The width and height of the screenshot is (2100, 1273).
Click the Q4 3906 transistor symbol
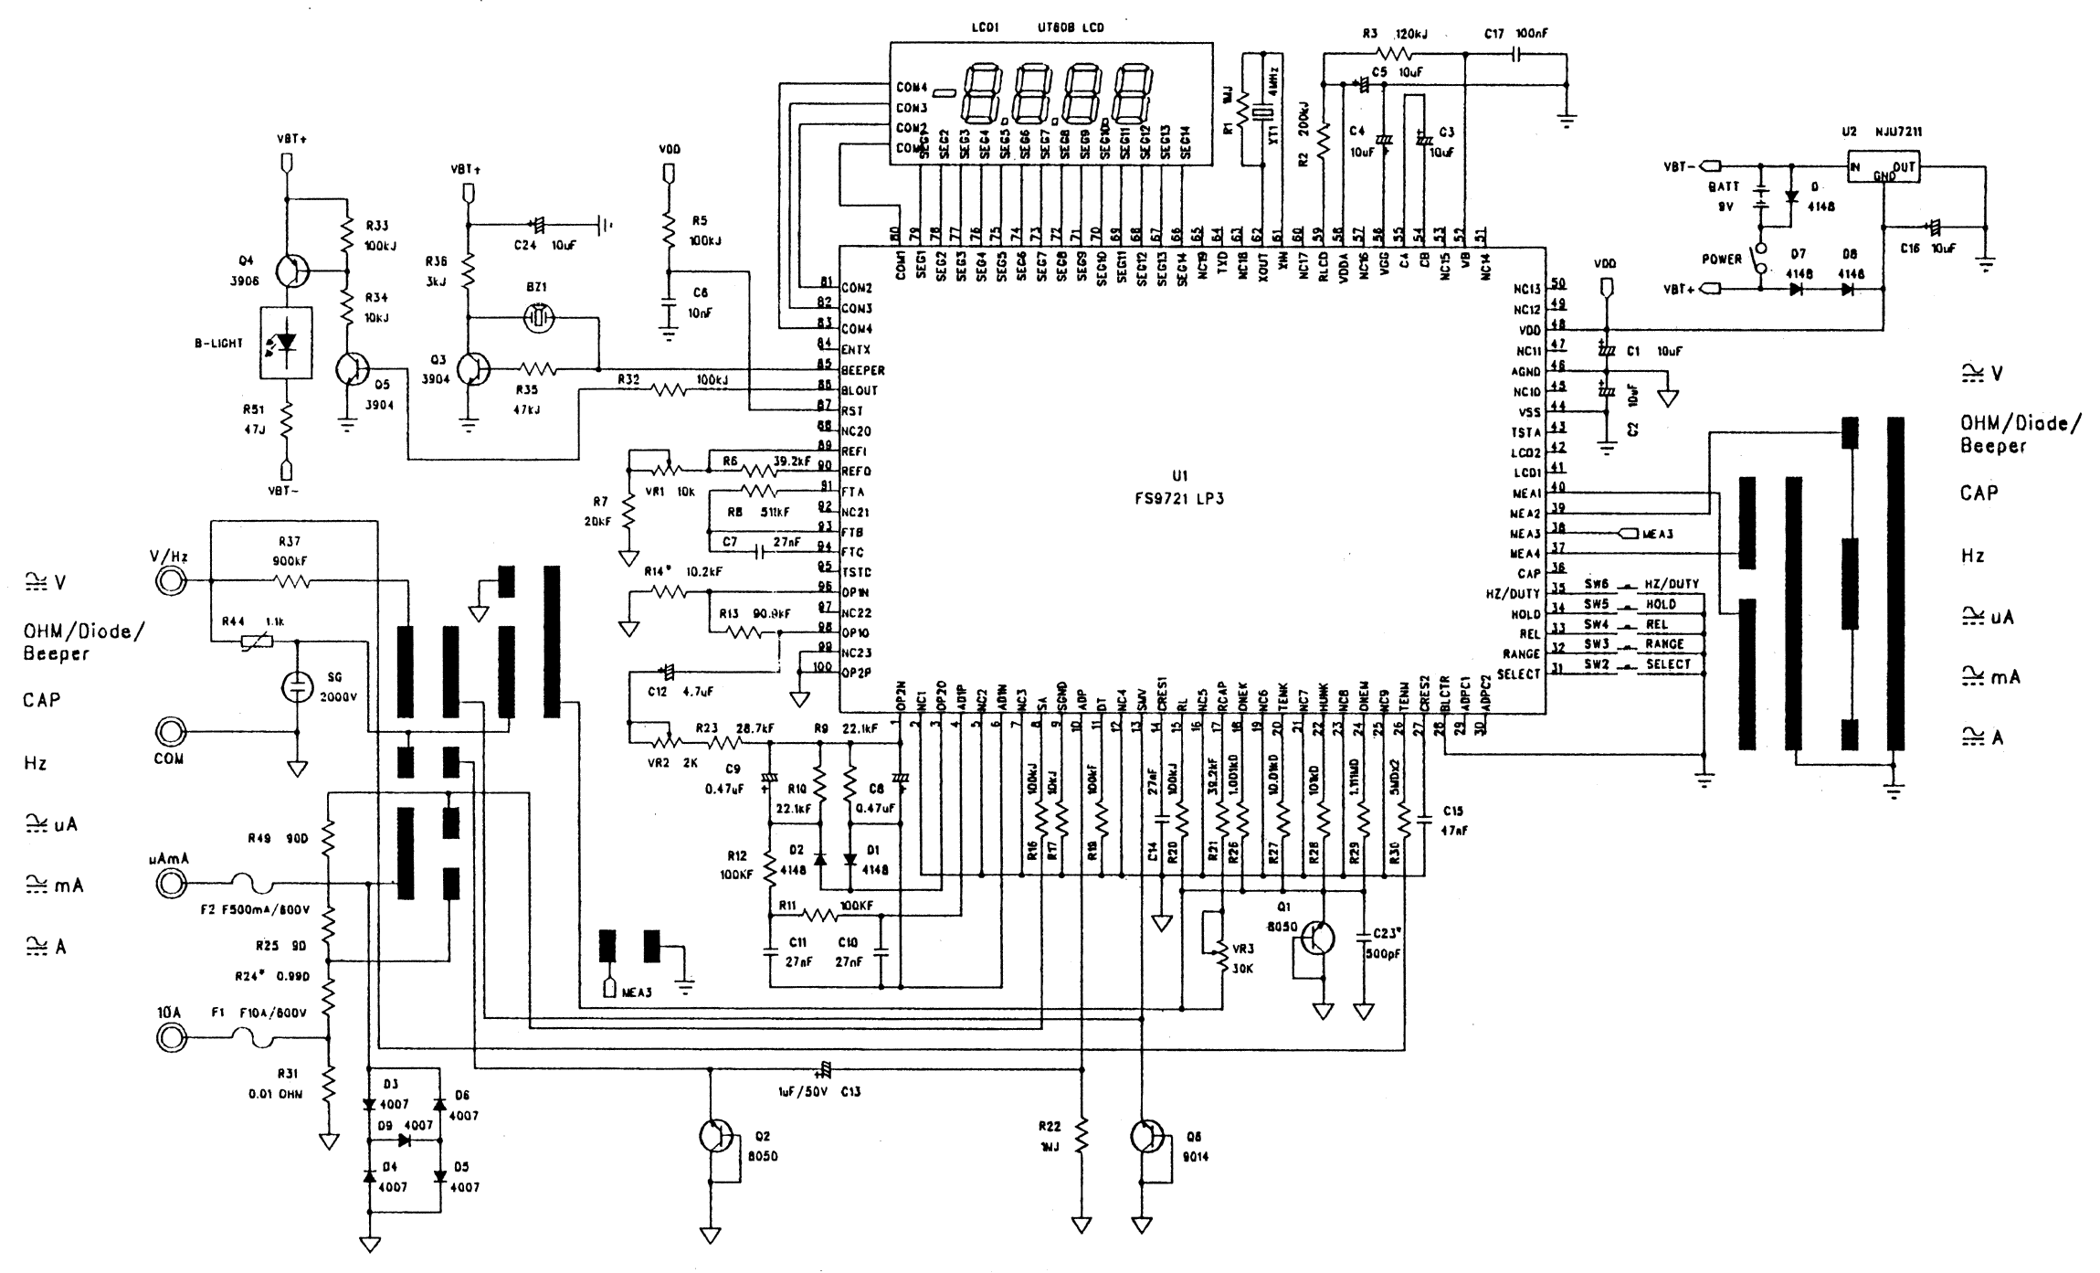290,271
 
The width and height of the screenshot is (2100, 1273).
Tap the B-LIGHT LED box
287,343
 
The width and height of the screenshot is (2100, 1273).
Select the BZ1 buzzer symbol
540,318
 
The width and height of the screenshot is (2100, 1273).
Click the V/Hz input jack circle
170,581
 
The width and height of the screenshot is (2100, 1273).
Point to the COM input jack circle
170,732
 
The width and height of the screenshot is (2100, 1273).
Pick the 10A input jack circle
170,1037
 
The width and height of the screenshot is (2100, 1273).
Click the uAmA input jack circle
170,884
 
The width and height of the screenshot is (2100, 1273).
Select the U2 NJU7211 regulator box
1883,169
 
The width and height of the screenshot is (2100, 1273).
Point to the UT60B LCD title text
1071,28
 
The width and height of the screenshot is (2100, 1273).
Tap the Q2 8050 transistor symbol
714,1136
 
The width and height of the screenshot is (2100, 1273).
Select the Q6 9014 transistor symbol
1145,1136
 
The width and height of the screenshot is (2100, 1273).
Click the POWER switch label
1722,260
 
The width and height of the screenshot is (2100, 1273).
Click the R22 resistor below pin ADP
1082,1137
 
